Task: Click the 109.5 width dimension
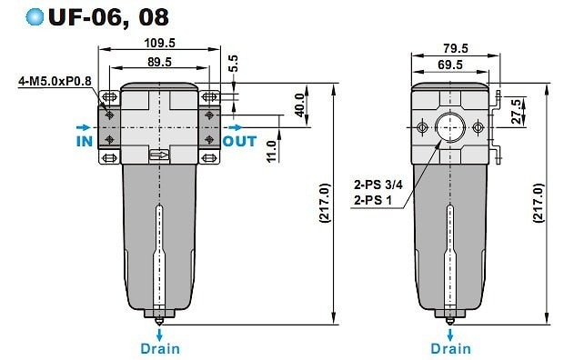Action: click(x=159, y=43)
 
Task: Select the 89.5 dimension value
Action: click(x=159, y=62)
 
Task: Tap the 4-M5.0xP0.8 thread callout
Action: click(x=55, y=81)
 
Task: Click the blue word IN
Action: click(x=85, y=141)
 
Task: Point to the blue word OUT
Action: click(x=240, y=141)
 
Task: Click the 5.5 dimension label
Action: click(x=233, y=64)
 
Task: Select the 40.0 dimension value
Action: click(x=299, y=105)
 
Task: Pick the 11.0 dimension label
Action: click(x=271, y=152)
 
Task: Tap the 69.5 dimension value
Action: click(x=450, y=65)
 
